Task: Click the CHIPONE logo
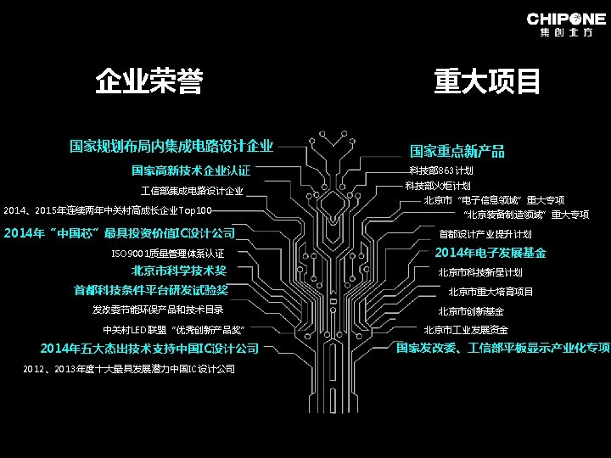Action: pos(566,25)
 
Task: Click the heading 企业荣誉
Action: pos(149,82)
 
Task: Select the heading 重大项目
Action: pos(488,82)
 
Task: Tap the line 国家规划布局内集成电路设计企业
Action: pos(171,146)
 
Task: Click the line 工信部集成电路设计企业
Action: pos(192,191)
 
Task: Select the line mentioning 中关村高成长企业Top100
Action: pos(108,210)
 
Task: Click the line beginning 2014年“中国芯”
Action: pos(120,232)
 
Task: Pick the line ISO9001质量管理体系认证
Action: pos(168,253)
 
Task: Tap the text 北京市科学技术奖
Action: pos(179,271)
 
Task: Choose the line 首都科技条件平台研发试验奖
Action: pos(151,290)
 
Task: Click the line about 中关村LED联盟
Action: pos(173,329)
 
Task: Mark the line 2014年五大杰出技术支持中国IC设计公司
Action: pos(149,349)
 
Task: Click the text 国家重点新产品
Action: pos(457,151)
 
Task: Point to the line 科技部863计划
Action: pos(440,170)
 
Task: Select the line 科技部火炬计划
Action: pos(438,186)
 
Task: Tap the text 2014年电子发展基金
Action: pos(490,253)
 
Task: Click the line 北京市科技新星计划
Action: pos(479,272)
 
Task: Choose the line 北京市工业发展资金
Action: pos(466,330)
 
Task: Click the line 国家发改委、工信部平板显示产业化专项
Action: pos(503,348)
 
